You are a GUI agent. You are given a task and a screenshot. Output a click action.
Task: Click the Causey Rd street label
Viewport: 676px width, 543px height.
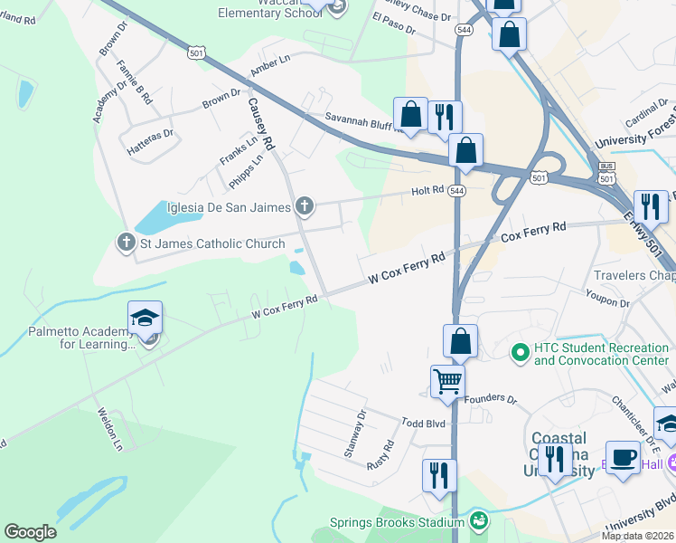[259, 124]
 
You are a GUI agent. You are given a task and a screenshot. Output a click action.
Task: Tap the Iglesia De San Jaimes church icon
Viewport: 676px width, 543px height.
[305, 207]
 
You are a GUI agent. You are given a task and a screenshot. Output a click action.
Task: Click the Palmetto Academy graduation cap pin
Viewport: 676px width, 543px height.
[145, 319]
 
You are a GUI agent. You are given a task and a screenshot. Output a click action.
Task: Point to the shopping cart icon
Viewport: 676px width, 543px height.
[447, 381]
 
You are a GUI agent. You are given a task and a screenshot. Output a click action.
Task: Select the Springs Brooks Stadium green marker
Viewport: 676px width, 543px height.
[478, 520]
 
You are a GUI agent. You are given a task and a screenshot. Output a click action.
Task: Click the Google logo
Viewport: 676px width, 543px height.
[30, 532]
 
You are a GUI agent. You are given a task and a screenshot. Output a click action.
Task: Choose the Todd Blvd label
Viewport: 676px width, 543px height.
[424, 423]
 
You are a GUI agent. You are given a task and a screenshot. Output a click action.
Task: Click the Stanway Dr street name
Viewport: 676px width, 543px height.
[354, 433]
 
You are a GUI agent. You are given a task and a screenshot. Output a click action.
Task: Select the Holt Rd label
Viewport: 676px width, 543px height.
[427, 190]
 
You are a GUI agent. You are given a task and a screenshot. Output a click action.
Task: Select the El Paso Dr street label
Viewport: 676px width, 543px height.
[393, 24]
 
